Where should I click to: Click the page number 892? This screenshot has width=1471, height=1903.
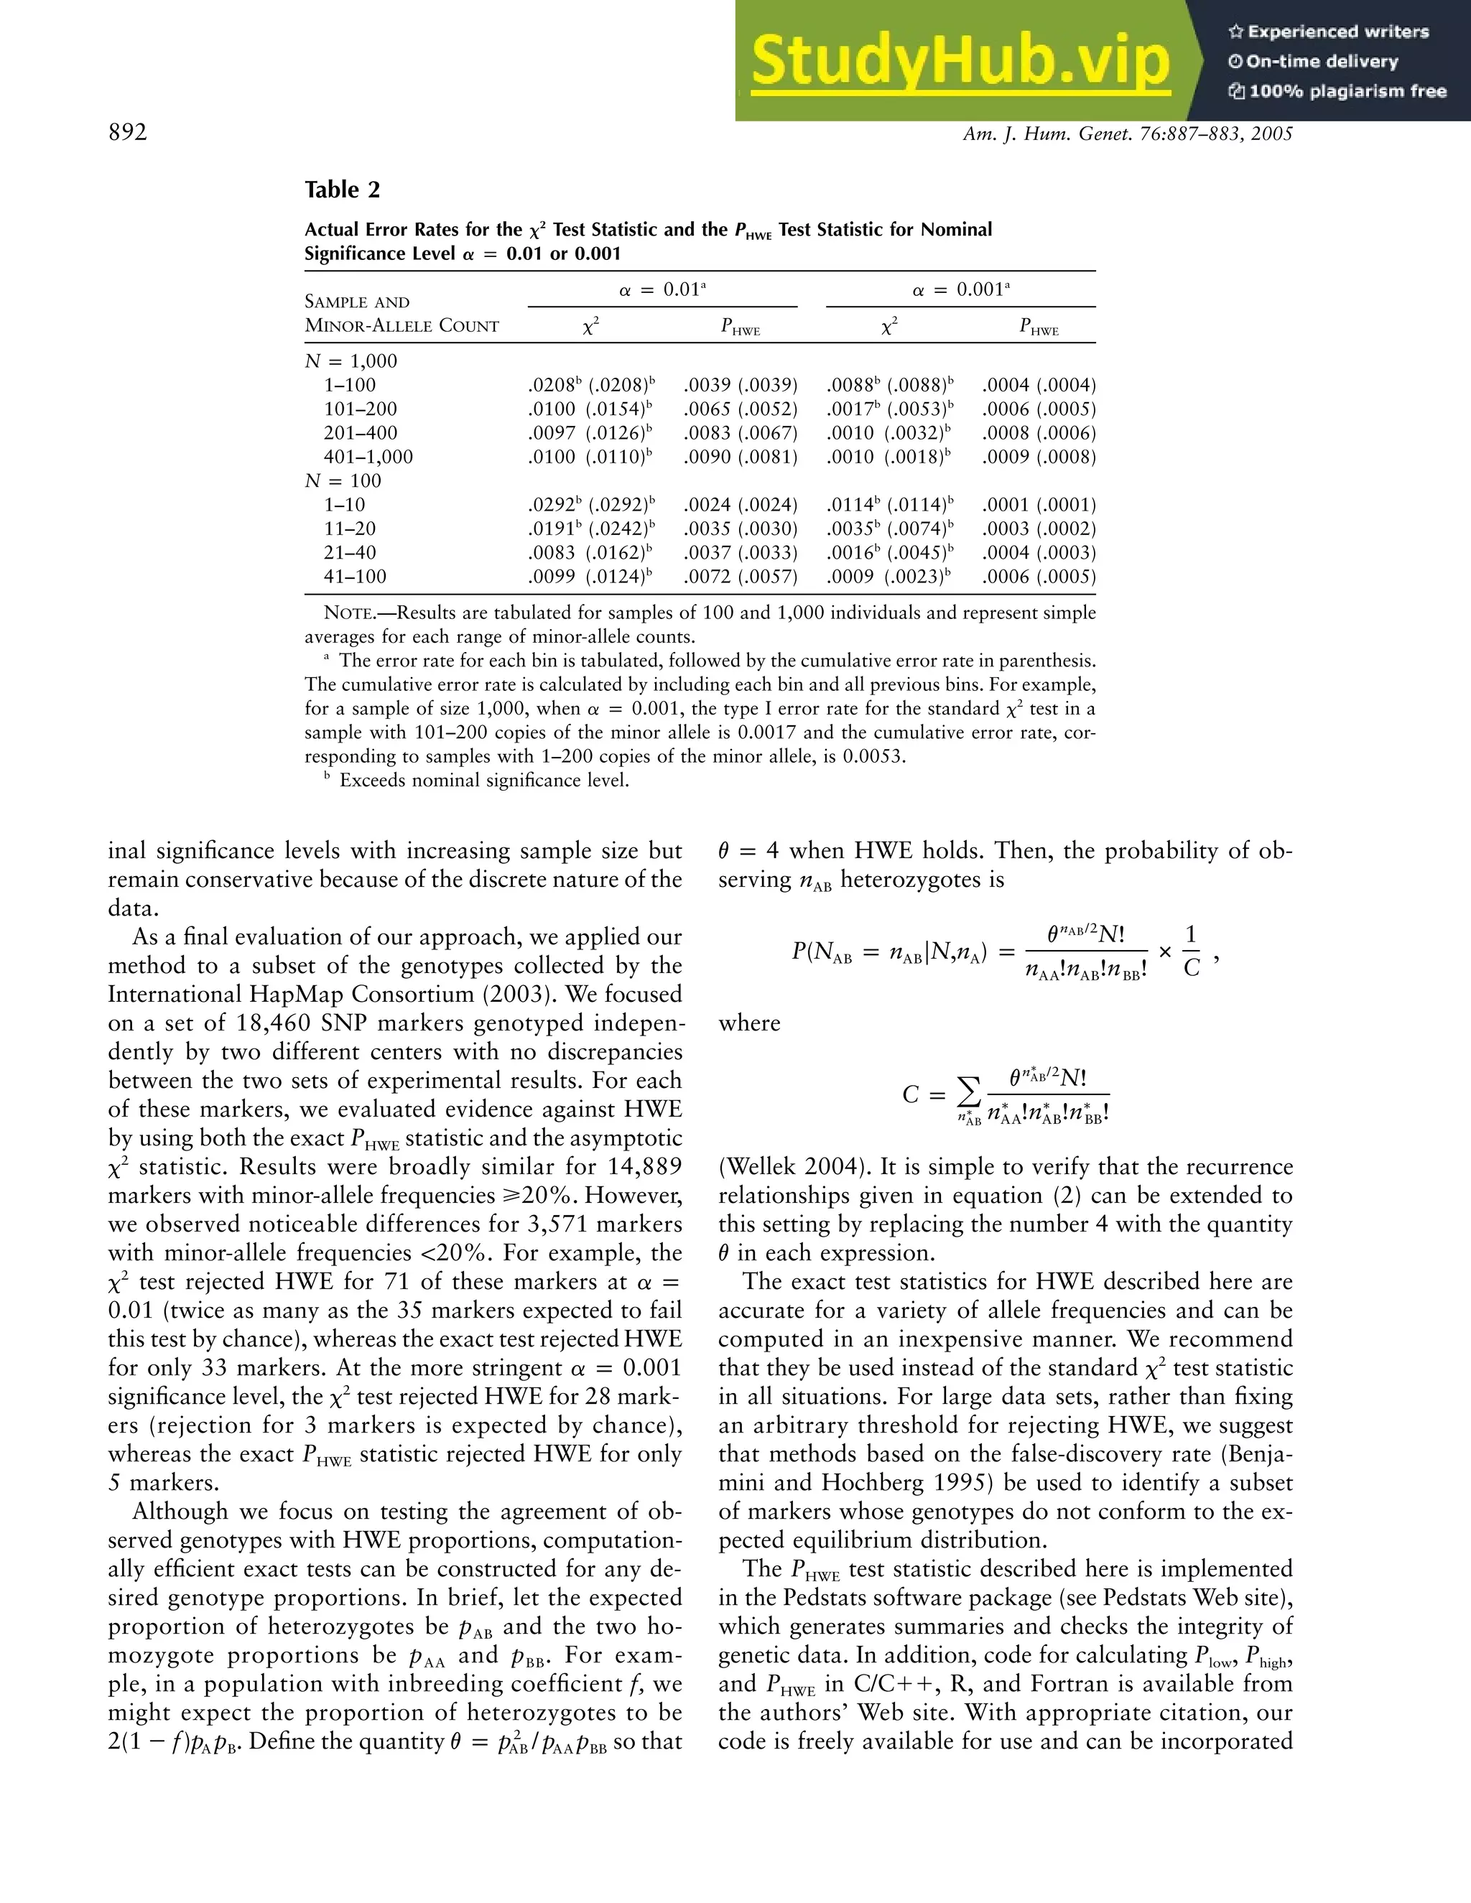pos(127,132)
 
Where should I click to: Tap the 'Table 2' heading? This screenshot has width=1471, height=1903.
pos(342,190)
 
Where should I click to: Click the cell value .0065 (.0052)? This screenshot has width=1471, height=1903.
pos(740,409)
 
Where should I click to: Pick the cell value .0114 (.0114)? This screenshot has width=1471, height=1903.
pos(889,505)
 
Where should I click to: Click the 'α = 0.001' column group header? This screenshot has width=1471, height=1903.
pos(960,290)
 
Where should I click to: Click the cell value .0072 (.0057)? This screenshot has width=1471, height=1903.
pos(740,576)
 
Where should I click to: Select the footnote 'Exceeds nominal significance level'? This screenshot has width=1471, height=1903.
pos(483,780)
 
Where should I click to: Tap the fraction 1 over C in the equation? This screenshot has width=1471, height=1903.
pos(1192,951)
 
